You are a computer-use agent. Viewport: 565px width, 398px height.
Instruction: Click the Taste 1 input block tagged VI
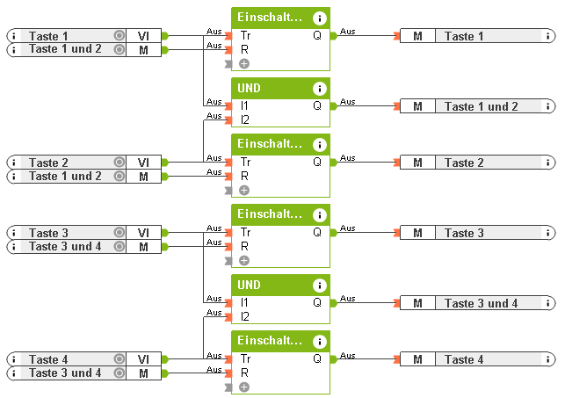[61, 36]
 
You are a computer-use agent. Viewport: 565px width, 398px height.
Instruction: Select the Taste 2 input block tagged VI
[61, 163]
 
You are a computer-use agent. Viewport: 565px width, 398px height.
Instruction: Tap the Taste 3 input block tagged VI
[61, 233]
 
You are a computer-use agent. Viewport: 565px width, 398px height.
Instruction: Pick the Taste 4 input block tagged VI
[61, 359]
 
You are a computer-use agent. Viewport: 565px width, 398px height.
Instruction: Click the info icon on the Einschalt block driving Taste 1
[319, 18]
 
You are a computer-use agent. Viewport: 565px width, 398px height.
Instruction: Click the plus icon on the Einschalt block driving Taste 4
[244, 387]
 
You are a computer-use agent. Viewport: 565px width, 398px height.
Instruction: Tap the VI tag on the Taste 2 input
[143, 163]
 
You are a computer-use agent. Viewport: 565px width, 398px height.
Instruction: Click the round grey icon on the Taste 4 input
[119, 359]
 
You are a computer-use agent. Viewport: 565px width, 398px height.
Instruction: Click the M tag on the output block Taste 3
[418, 233]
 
